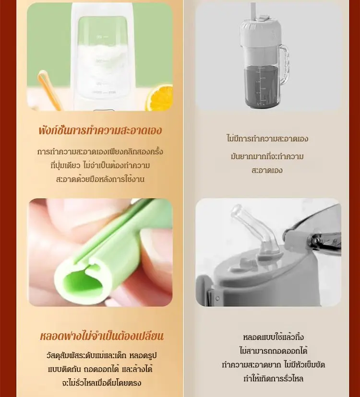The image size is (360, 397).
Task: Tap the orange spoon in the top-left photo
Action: coord(49,90)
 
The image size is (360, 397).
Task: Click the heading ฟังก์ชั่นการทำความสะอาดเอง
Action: coord(100,130)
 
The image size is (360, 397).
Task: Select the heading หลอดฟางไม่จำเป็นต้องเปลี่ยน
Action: coord(102,336)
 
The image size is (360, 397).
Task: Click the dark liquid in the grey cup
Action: coord(262,86)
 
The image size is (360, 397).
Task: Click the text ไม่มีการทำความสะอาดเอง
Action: coord(267,139)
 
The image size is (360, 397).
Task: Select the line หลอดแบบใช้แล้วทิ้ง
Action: coord(273,337)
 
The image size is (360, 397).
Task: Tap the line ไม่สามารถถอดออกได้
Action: coord(273,351)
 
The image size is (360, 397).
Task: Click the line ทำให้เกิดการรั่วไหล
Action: coord(273,379)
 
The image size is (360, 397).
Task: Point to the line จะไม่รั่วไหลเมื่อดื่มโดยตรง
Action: coord(101,383)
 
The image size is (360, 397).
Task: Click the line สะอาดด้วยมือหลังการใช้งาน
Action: coord(100,179)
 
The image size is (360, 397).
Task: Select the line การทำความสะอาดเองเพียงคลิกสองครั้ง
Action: coord(100,152)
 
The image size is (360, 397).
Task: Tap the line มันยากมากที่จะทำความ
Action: coord(267,156)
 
